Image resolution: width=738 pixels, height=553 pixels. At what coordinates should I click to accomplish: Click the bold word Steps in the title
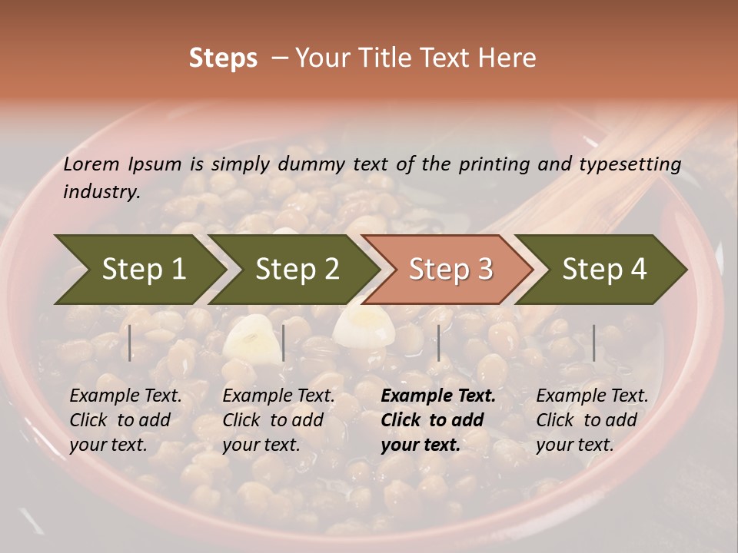pyautogui.click(x=223, y=58)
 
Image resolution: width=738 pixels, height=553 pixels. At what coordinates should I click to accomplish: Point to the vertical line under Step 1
pyautogui.click(x=130, y=343)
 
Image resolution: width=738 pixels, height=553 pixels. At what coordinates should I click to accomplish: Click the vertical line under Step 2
pyautogui.click(x=284, y=343)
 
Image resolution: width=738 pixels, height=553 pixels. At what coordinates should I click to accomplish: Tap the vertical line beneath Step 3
pyautogui.click(x=439, y=343)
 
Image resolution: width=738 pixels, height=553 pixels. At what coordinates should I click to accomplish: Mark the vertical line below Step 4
pyautogui.click(x=594, y=343)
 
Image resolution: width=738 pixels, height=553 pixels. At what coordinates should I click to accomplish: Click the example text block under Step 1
pyautogui.click(x=125, y=420)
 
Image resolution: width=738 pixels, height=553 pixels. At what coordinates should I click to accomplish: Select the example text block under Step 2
pyautogui.click(x=278, y=420)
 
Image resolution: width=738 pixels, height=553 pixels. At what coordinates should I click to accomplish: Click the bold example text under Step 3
pyautogui.click(x=438, y=420)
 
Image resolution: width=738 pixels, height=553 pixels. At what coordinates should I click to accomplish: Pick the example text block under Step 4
pyautogui.click(x=592, y=420)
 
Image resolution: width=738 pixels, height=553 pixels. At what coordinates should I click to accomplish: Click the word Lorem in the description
pyautogui.click(x=91, y=164)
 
